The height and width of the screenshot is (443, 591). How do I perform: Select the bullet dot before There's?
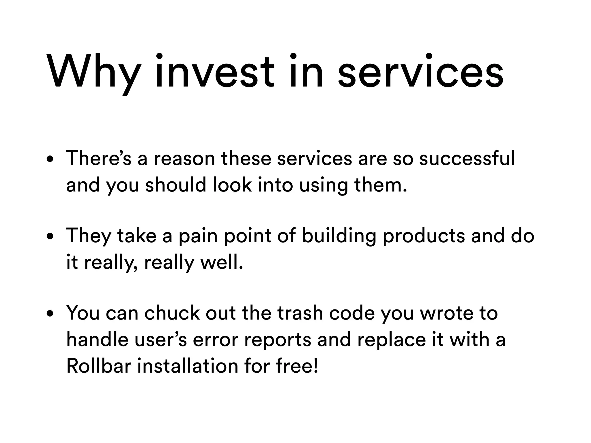coord(51,160)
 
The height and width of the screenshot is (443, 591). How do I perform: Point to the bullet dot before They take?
coord(51,237)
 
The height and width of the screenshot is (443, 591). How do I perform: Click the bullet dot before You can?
coord(51,314)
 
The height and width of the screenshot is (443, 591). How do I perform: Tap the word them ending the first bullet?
coord(380,185)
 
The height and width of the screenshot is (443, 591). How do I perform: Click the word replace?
coord(391,340)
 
